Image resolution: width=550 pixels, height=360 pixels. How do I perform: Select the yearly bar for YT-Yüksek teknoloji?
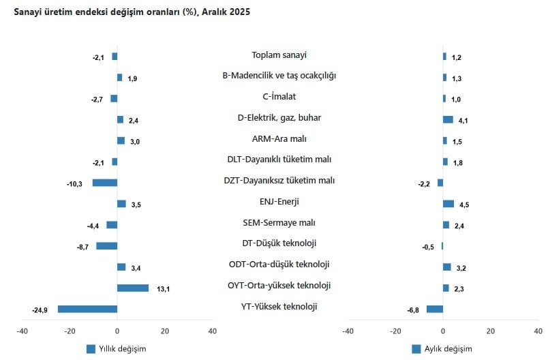87,309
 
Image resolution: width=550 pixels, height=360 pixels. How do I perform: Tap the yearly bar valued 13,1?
133,288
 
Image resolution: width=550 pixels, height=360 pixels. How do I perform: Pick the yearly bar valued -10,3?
105,183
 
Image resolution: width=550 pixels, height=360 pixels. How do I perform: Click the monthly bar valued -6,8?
435,309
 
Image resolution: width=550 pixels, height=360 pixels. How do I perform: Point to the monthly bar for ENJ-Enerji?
448,204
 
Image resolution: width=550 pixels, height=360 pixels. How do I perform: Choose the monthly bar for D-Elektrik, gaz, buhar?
448,119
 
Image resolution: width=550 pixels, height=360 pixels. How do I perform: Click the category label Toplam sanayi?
279,55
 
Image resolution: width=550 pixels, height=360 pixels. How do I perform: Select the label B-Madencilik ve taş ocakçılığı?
279,76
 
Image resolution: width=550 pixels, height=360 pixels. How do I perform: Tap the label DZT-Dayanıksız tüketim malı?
279,181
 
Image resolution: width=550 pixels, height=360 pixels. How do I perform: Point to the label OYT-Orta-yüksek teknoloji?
279,286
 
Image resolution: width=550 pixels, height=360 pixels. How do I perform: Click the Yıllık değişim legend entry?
116,349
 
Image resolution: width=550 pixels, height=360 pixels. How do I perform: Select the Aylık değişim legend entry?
442,349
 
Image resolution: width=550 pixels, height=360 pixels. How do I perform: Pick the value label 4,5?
464,205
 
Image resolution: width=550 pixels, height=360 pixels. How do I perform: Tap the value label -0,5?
429,247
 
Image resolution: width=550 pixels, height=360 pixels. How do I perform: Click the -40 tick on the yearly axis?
22,331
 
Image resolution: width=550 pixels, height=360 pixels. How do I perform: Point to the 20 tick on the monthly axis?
491,331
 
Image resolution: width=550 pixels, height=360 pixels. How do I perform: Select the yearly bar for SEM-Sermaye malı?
112,225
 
